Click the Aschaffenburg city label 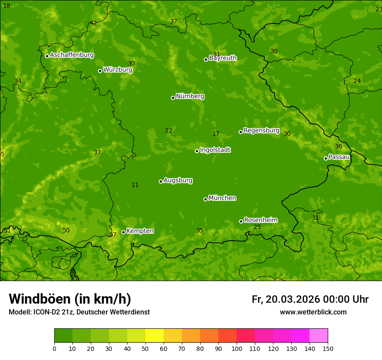pyautogui.click(x=72, y=55)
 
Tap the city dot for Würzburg pyautogui.click(x=100, y=71)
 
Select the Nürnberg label pyautogui.click(x=190, y=96)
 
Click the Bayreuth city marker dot pyautogui.click(x=206, y=59)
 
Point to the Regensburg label pyautogui.click(x=261, y=131)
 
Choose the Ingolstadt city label pyautogui.click(x=215, y=150)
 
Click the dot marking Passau pyautogui.click(x=326, y=158)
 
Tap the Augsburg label pyautogui.click(x=178, y=180)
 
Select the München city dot pyautogui.click(x=205, y=199)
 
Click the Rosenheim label pyautogui.click(x=260, y=220)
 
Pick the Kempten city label pyautogui.click(x=140, y=231)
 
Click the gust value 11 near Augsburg pyautogui.click(x=135, y=185)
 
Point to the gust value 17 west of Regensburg pyautogui.click(x=216, y=134)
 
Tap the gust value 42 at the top pyautogui.click(x=93, y=23)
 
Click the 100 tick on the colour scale pyautogui.click(x=237, y=348)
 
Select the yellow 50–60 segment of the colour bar pyautogui.click(x=155, y=335)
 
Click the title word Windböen pyautogui.click(x=40, y=299)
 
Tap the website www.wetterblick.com pyautogui.click(x=313, y=312)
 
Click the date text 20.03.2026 pyautogui.click(x=293, y=299)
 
